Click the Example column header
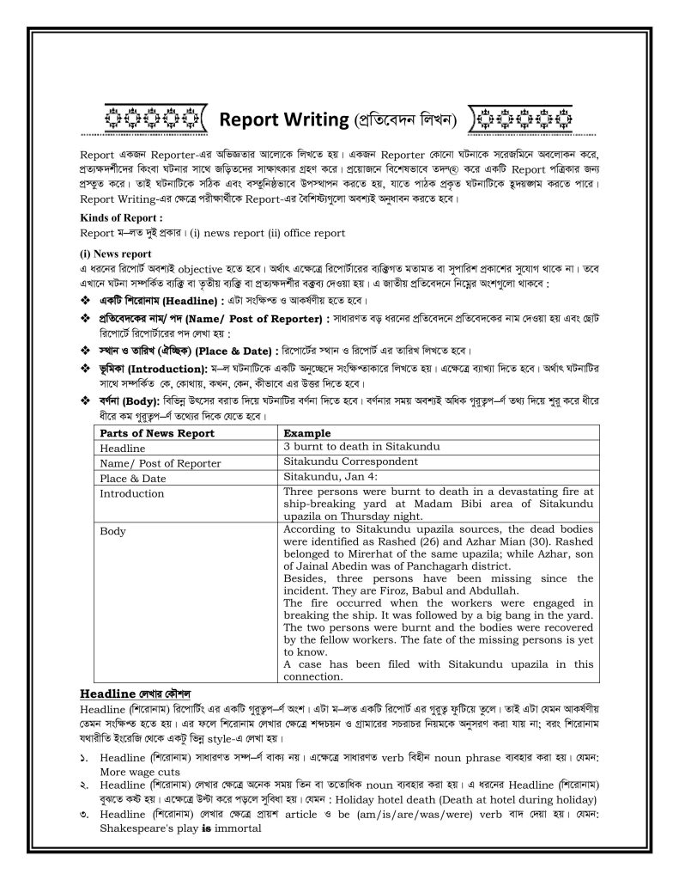[x=306, y=434]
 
